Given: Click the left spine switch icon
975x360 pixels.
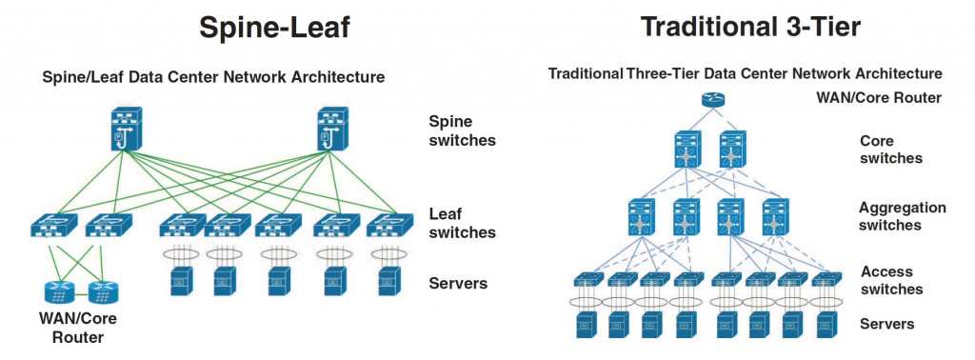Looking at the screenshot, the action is click(127, 129).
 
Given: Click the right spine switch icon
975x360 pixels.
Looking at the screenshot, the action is click(332, 129).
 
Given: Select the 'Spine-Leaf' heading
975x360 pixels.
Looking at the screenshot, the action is click(275, 28).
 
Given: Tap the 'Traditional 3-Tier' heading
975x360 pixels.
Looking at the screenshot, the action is click(751, 27).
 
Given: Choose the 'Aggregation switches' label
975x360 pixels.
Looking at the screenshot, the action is click(903, 216).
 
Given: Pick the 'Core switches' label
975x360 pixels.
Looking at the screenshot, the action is click(890, 150).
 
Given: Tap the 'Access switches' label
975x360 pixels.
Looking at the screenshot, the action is click(891, 280).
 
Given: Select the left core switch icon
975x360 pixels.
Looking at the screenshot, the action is click(686, 150).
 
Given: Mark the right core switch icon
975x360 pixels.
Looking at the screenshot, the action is click(731, 150).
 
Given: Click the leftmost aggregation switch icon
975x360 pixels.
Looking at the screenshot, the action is click(641, 216).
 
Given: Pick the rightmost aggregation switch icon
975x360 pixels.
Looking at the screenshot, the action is click(775, 216).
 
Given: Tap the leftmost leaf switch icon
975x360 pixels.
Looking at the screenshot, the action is click(53, 226).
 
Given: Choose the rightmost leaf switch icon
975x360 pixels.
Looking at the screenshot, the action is click(389, 226).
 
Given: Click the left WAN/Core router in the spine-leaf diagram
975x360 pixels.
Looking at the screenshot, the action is click(59, 291).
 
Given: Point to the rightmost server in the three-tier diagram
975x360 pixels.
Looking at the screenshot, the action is click(826, 325).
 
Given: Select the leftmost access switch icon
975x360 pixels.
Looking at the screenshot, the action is click(588, 279).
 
